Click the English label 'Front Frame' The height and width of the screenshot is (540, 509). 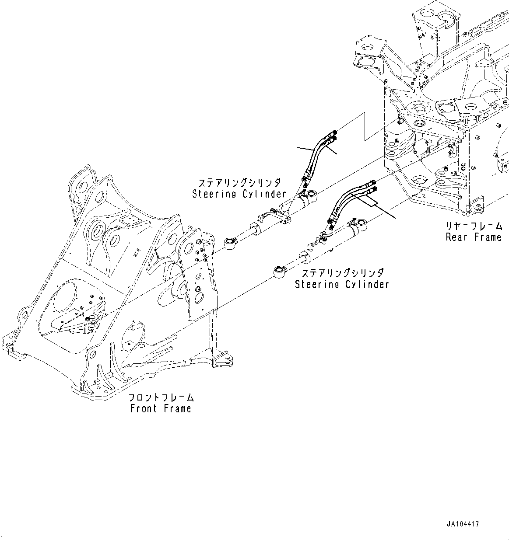tap(161, 409)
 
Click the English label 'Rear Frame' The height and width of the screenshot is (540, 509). tap(474, 237)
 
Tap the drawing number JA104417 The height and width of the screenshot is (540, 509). tap(463, 523)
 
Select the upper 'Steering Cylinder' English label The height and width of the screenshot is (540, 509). tap(239, 194)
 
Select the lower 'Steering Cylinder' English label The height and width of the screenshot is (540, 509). tap(342, 285)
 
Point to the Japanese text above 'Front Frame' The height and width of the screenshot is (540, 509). tap(161, 398)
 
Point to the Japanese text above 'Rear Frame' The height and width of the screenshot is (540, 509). tap(474, 226)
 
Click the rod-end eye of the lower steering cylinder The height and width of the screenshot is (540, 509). tap(279, 272)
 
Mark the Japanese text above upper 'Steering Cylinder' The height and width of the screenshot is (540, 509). tap(239, 182)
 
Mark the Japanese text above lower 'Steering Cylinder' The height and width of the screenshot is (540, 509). tap(342, 273)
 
